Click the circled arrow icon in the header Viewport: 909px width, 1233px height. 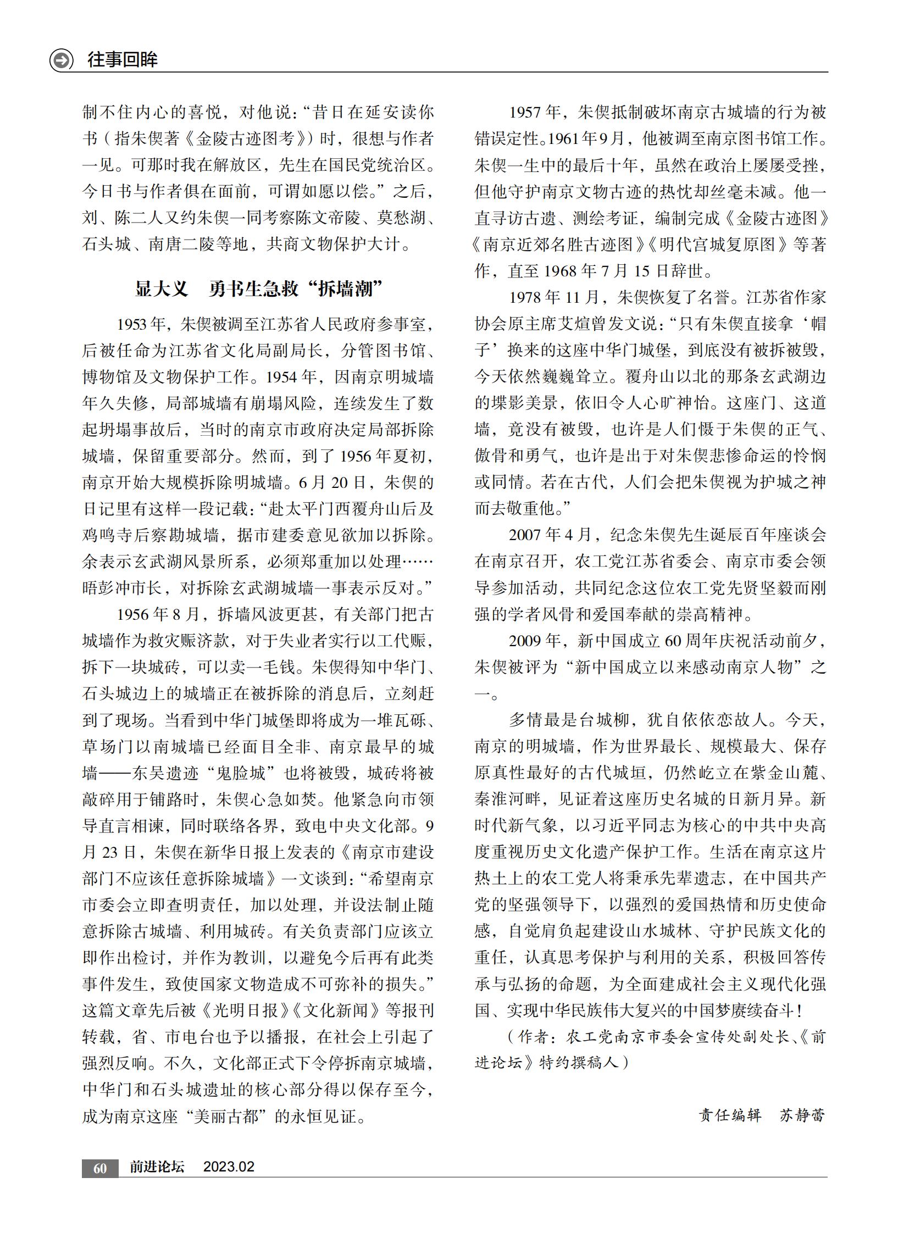[61, 59]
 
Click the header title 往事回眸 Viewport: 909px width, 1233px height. [122, 59]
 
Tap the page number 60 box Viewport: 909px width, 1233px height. [99, 1168]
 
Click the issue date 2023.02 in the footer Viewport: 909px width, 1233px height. [229, 1167]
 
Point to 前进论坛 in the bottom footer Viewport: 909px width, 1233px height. [157, 1167]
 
